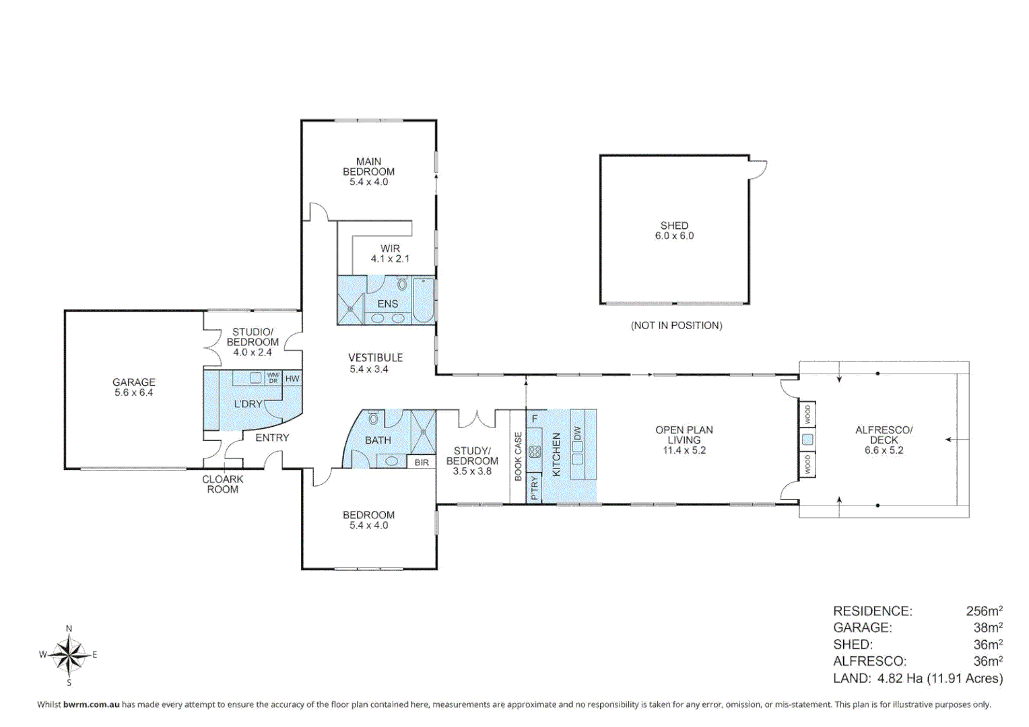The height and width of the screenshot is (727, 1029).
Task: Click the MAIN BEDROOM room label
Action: coord(368,172)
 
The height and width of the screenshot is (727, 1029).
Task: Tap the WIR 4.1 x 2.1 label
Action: coord(390,254)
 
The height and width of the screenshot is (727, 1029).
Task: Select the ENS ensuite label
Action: coord(387,304)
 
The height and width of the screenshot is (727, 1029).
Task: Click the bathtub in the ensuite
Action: coord(423,301)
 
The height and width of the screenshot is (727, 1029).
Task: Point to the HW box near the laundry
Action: coord(292,378)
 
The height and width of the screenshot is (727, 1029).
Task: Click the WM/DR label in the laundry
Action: coord(273,378)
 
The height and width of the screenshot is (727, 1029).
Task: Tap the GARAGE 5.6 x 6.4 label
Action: coord(133,387)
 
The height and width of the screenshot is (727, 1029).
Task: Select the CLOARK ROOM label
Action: coord(222,484)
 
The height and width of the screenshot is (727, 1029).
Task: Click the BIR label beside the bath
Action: coord(422,462)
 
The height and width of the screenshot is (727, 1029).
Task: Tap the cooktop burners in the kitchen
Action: coord(535,452)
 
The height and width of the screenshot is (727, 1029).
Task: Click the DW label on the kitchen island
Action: coord(577,434)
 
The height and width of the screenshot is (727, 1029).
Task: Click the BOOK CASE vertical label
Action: coord(518,456)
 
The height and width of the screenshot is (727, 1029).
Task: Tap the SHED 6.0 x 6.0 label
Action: coord(674,231)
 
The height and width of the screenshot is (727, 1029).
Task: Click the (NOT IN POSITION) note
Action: coord(676,326)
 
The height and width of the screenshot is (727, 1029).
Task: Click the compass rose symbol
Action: coord(69,655)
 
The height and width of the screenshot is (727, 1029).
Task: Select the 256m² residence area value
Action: coord(984,611)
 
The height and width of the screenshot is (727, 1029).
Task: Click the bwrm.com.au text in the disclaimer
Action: coord(91,705)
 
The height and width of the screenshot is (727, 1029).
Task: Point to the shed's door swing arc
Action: coord(760,170)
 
